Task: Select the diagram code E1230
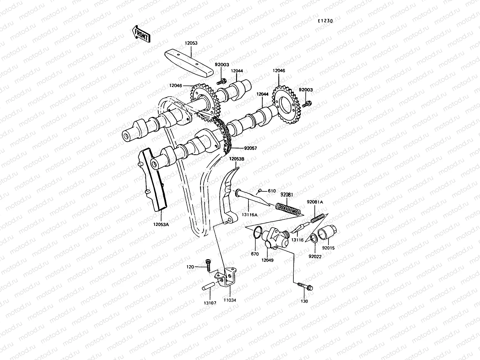tap(325, 21)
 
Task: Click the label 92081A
tap(315, 202)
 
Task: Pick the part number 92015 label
tap(328, 248)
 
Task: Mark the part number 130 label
tap(304, 301)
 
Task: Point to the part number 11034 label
tap(229, 300)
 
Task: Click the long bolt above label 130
tap(305, 286)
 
